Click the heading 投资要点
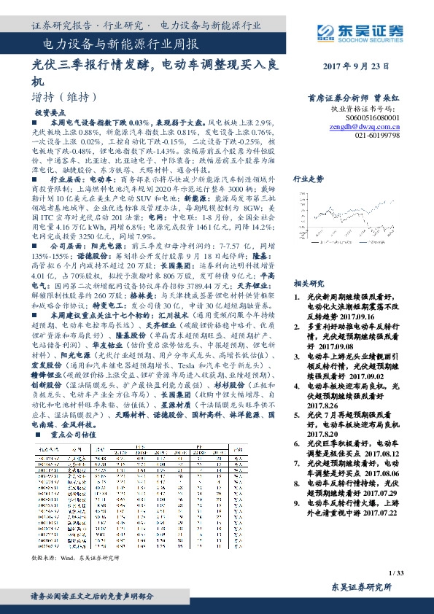(52, 113)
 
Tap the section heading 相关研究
(308, 283)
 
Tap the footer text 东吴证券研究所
(362, 586)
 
